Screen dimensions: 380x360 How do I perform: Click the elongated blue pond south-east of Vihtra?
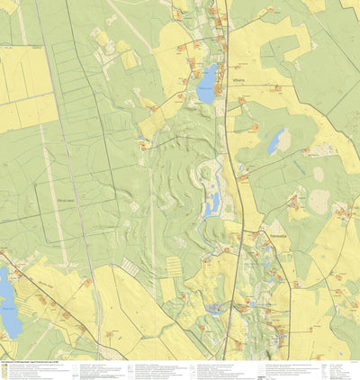(275, 141)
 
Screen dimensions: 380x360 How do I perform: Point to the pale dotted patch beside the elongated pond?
(285, 140)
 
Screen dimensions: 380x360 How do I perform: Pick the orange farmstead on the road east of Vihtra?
(277, 88)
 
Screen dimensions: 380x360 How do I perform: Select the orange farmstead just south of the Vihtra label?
(241, 99)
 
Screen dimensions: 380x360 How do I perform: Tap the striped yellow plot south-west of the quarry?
(173, 267)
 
